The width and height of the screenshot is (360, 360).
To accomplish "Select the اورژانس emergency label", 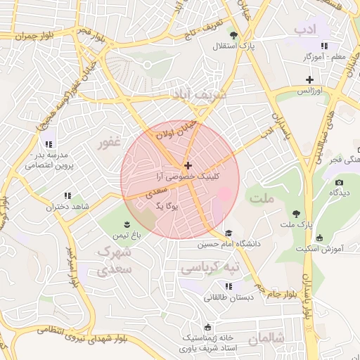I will click(x=309, y=91).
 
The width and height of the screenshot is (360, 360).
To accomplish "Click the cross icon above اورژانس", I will click(x=309, y=79).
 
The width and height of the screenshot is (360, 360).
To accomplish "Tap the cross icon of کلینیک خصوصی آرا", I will click(x=187, y=165).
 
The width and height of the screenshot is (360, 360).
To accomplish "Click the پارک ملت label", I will click(x=295, y=224).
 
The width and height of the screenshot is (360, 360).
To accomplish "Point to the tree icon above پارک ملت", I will click(x=295, y=212).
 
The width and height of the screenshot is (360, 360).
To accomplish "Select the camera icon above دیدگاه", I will click(x=340, y=182).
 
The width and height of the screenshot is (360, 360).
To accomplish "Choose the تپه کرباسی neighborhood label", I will click(x=210, y=268).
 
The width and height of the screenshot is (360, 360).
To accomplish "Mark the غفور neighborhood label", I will click(x=110, y=143).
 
